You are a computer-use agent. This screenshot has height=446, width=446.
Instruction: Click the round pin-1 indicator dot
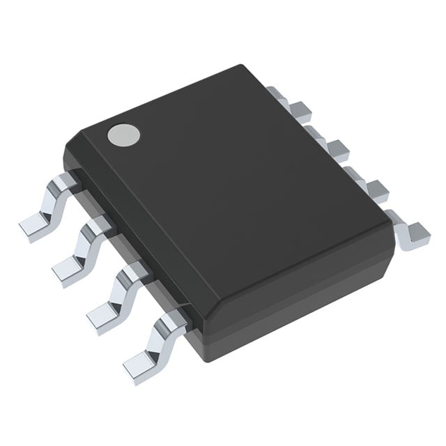tap(120, 134)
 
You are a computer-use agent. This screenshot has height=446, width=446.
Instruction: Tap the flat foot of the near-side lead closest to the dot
tap(35, 226)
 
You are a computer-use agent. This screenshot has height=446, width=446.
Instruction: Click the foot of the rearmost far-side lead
tap(300, 108)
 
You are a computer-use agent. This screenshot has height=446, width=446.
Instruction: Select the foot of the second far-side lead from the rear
tap(338, 148)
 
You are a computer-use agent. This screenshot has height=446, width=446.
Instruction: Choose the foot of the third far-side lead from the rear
tap(376, 188)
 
